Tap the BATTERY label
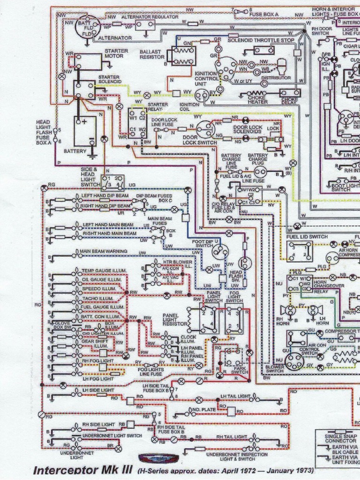75,151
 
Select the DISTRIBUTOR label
276,78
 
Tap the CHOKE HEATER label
258,99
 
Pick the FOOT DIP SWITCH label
204,243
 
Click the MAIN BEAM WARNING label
103,251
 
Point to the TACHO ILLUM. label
97,298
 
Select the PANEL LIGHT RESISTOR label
174,320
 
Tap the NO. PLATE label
203,409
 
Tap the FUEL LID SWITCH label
307,237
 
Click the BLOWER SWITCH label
274,368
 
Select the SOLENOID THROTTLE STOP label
261,40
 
